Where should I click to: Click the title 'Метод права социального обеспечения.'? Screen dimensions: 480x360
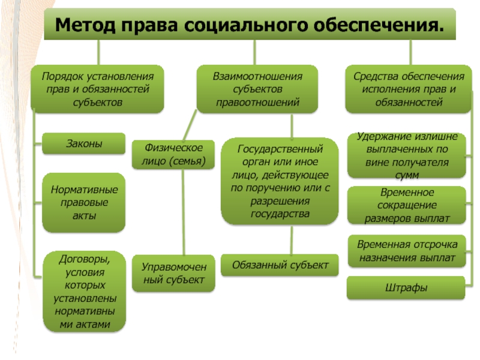pos(250,25)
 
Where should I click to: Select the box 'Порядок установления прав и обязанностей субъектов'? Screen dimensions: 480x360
pos(97,89)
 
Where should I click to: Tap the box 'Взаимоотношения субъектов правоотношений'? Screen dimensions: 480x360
pos(257,89)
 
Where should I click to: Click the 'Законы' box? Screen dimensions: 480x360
pos(84,144)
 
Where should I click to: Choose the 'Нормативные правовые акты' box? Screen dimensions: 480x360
pos(84,202)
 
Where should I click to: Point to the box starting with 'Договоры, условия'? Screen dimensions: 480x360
pos(84,292)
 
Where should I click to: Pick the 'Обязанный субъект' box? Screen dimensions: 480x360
pos(280,265)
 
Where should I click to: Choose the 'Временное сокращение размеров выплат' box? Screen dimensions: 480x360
pos(407,205)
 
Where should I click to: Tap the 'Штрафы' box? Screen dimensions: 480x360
pos(407,288)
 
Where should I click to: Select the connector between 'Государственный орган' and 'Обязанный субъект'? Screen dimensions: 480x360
pos(292,240)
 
